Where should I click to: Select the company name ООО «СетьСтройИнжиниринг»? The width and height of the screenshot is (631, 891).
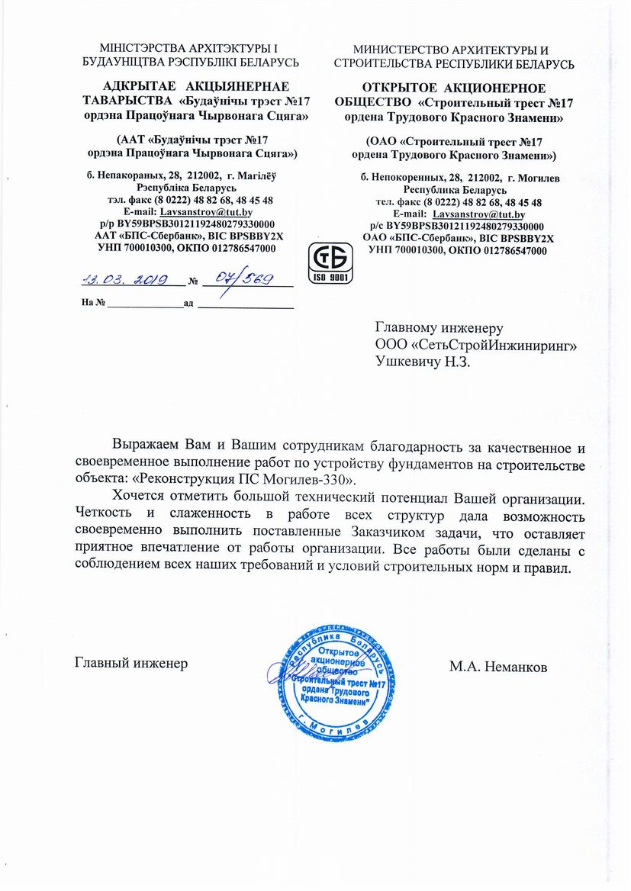(x=476, y=345)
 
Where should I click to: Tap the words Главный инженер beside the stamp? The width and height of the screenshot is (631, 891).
(x=130, y=663)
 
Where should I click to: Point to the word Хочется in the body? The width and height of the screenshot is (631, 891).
(x=138, y=498)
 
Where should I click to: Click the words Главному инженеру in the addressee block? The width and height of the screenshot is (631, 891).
(x=439, y=329)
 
